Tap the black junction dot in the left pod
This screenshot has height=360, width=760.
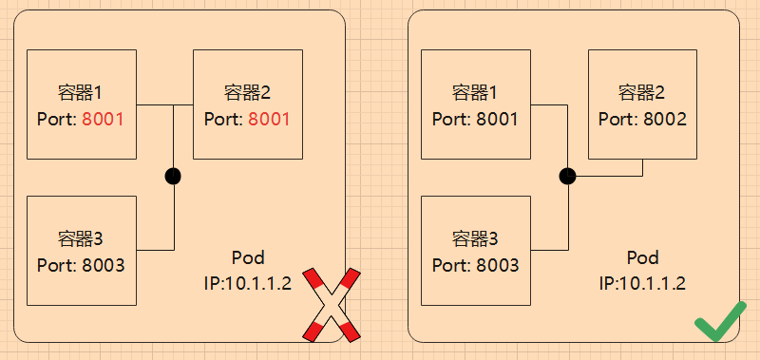click(173, 176)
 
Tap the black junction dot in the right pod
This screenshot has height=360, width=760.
click(567, 176)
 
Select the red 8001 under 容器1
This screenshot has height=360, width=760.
click(104, 120)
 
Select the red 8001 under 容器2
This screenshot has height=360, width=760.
click(269, 120)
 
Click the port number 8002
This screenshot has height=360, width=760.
click(664, 120)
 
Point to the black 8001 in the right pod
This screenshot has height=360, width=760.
click(497, 120)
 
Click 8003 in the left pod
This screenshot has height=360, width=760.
click(102, 265)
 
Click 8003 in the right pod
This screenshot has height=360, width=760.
click(497, 265)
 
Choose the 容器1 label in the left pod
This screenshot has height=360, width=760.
click(81, 93)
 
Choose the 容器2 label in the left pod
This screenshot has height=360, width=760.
click(247, 93)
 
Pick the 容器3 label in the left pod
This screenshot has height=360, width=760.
click(81, 238)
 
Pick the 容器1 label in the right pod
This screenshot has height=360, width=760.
click(475, 93)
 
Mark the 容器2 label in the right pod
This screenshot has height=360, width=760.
click(642, 93)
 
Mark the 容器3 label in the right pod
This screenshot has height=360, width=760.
click(475, 238)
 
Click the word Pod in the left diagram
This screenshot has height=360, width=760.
click(248, 258)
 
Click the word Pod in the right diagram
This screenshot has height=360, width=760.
click(643, 258)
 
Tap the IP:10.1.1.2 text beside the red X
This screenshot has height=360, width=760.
click(248, 283)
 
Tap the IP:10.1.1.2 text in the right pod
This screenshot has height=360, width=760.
click(643, 283)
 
